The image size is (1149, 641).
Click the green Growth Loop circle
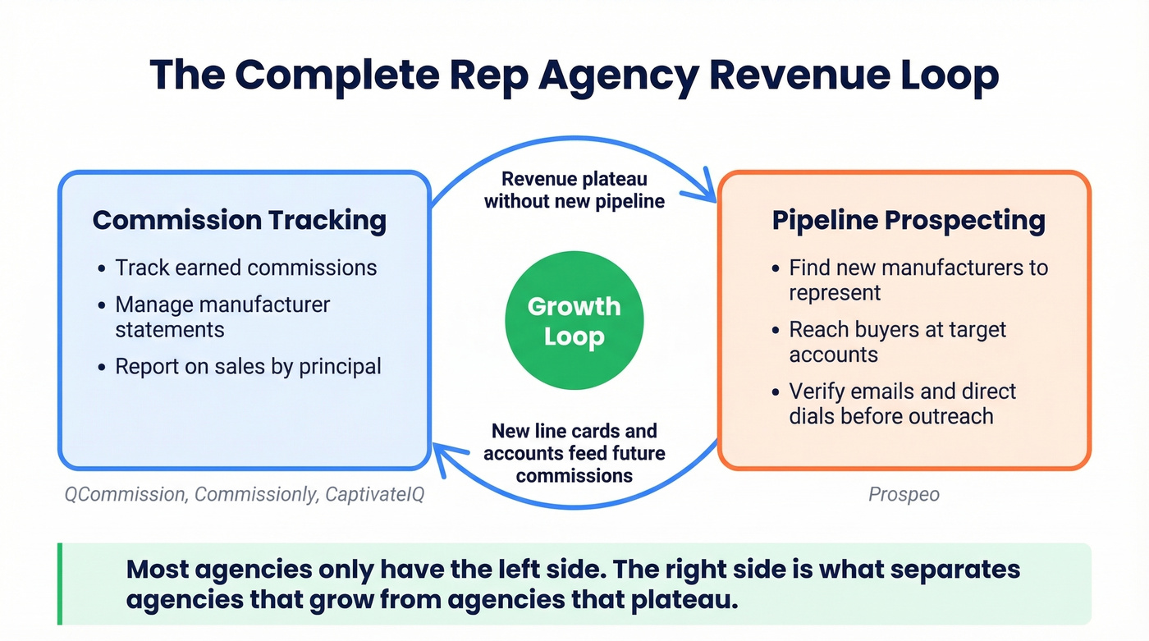574,321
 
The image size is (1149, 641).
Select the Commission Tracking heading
239,220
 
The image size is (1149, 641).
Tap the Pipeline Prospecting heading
909,220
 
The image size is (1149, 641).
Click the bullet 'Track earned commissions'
245,268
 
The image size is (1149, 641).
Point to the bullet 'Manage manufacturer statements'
222,317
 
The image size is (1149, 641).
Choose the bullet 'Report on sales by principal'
248,366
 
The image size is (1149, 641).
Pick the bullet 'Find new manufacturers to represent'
918,280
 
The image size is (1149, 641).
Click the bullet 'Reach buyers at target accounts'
897,341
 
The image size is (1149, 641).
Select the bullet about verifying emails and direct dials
902,403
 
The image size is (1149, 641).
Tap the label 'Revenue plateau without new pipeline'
574,190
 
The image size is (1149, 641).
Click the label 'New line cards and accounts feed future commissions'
574,452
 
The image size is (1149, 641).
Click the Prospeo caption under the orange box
904,495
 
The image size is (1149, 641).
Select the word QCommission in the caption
125,495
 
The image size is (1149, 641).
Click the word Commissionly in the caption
255,495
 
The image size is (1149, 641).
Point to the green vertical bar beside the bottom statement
60,584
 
